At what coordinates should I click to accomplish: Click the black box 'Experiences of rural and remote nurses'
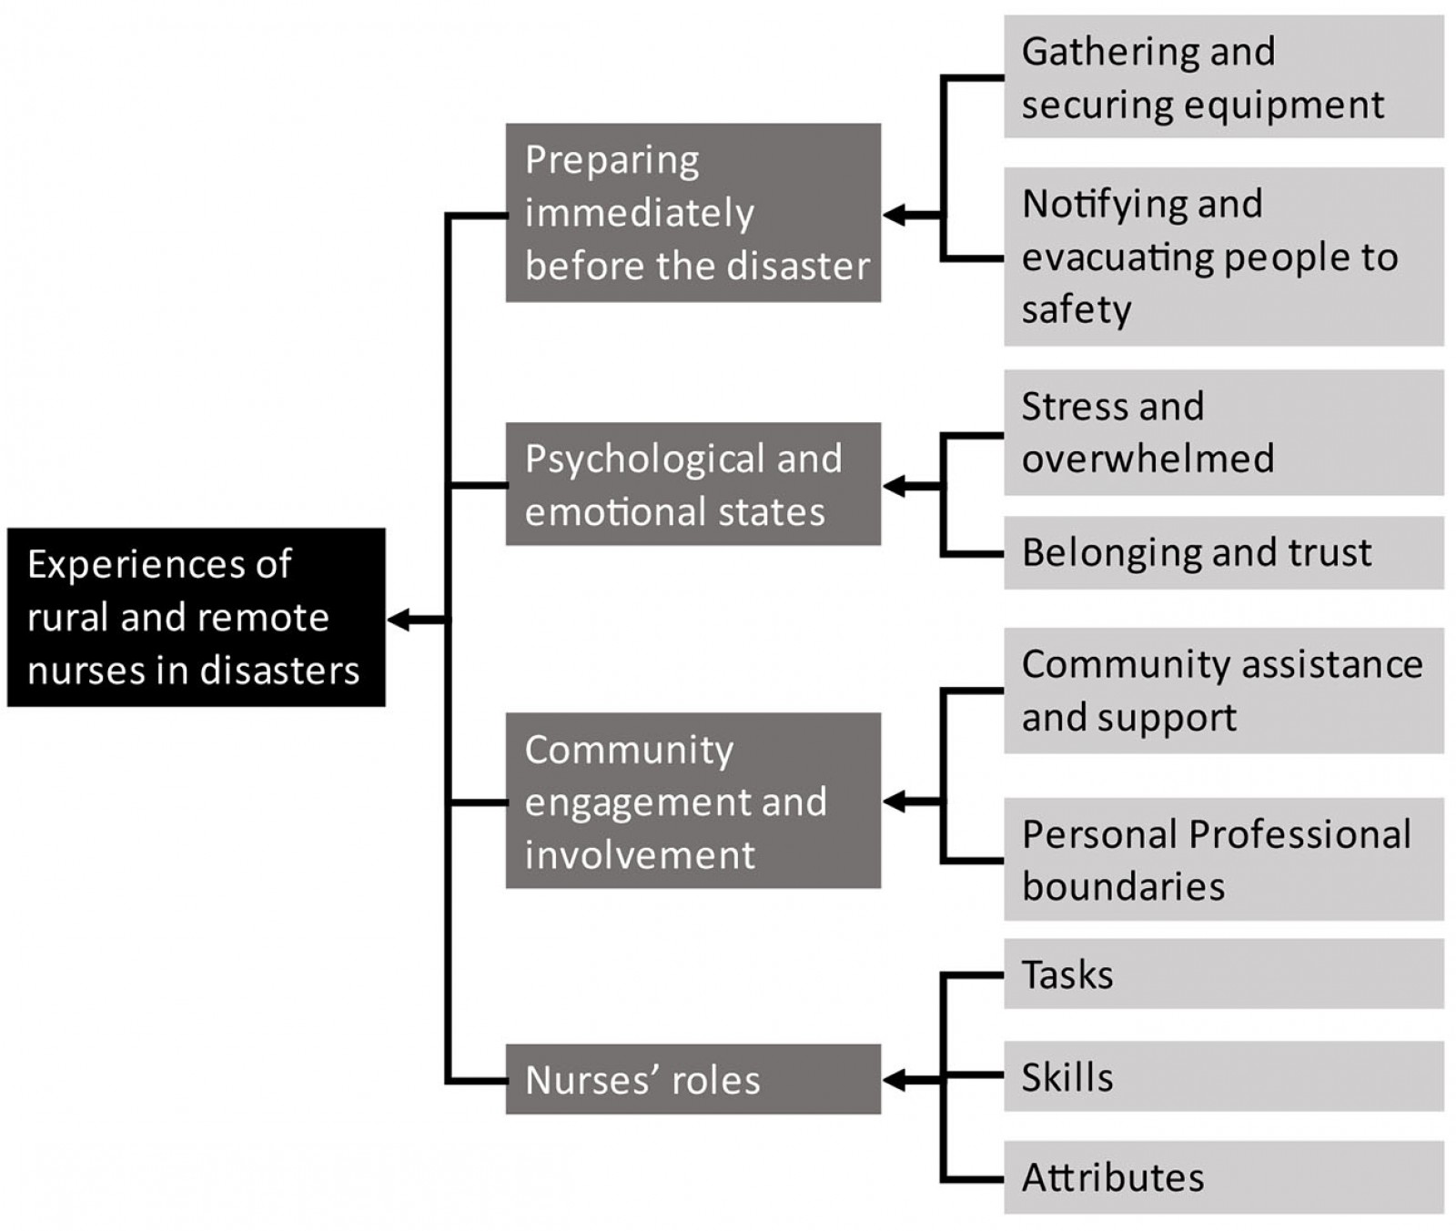196,617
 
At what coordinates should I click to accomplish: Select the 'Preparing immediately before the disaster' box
693,212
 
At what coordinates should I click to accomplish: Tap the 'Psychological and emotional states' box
693,484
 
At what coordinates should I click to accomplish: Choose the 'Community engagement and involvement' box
693,801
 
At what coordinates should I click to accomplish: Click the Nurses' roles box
693,1079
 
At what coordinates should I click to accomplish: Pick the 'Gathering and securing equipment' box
1223,77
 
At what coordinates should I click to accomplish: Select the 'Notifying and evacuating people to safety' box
1223,257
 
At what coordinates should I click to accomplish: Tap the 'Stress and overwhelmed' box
1223,432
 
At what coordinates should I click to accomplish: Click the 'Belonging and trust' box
1223,552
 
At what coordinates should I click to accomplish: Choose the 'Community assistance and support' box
1223,691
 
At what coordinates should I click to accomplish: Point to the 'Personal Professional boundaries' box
1223,859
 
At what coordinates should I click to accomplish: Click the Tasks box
1223,974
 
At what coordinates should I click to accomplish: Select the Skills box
1223,1076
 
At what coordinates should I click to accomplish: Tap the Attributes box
1223,1177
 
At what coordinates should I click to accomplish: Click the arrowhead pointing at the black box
399,621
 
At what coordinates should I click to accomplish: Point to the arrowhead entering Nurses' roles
894,1080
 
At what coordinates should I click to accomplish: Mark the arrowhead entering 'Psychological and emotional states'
894,486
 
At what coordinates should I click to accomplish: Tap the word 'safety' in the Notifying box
1076,310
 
